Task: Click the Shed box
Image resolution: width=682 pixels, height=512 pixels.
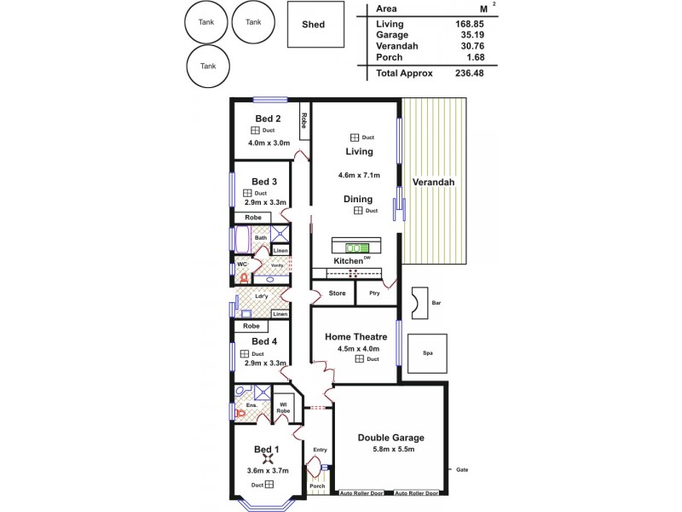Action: [x=314, y=25]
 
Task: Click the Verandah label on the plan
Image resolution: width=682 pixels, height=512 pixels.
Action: [x=433, y=183]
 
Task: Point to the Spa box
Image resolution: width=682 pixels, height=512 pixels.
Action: [x=426, y=351]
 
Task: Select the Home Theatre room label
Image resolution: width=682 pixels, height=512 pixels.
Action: [x=356, y=336]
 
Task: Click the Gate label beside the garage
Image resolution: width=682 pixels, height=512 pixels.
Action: [x=463, y=468]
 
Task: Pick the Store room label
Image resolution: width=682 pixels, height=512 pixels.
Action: [x=337, y=294]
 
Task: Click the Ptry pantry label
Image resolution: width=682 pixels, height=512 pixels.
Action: [x=373, y=294]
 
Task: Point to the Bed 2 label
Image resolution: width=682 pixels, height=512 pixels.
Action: [x=268, y=119]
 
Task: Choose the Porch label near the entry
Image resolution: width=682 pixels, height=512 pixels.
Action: [x=317, y=486]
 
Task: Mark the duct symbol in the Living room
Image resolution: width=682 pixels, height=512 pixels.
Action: [x=355, y=137]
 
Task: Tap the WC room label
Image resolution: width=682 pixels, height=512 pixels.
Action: [x=242, y=265]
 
